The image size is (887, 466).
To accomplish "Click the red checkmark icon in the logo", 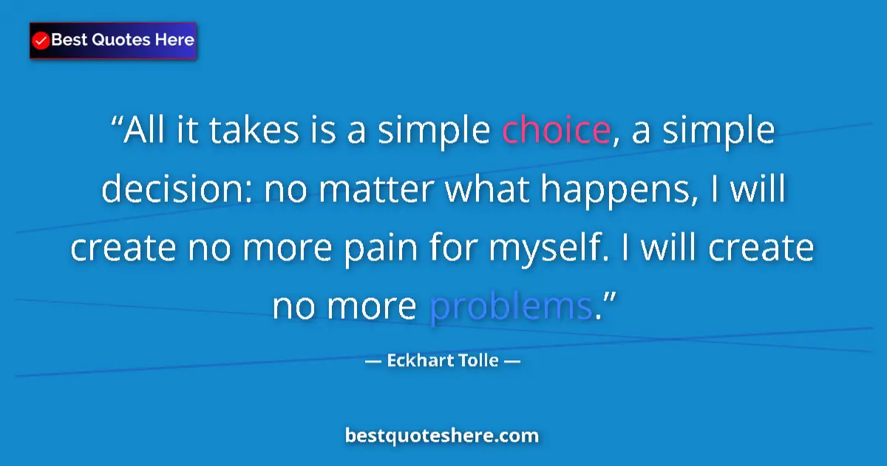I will [41, 40].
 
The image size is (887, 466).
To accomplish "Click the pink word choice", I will [555, 131].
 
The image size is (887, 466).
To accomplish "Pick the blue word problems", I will [511, 306].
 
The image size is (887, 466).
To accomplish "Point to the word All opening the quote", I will [144, 131].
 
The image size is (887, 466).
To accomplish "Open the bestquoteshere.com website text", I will [442, 436].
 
